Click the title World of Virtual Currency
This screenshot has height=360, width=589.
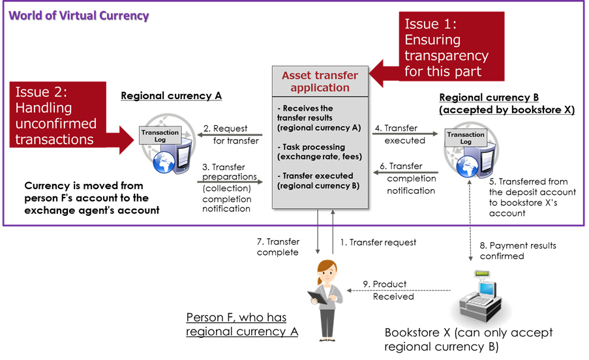[x=79, y=15]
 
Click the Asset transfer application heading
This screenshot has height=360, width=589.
[x=320, y=82]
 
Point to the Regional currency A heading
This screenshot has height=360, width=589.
[x=171, y=96]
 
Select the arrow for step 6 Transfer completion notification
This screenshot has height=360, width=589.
[x=404, y=172]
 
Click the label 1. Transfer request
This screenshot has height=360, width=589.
[x=378, y=243]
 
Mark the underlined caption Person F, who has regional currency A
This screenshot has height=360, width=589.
[x=242, y=324]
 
